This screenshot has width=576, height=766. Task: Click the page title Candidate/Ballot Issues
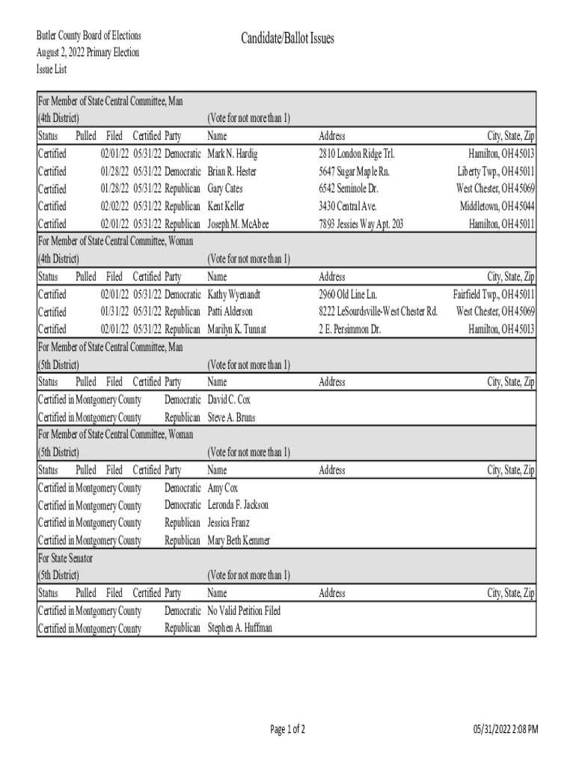pos(287,38)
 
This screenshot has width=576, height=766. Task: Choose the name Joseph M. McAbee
pos(238,224)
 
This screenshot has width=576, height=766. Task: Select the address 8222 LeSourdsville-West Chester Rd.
pos(378,311)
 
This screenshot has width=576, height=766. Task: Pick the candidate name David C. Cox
pos(229,400)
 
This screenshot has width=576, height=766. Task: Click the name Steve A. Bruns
pos(230,417)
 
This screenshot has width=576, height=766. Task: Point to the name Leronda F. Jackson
pos(237,505)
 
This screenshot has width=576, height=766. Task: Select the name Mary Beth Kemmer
pos(239,540)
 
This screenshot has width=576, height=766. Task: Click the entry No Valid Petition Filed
pos(244,611)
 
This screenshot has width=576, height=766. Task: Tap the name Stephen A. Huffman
pos(239,628)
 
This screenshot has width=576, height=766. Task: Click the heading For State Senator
pos(65,558)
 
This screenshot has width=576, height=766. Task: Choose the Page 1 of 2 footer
pos(287,729)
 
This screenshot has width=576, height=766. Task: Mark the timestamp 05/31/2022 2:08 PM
pos(506,729)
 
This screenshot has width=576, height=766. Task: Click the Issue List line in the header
pos(52,69)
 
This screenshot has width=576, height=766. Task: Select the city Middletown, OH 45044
pos(497,206)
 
